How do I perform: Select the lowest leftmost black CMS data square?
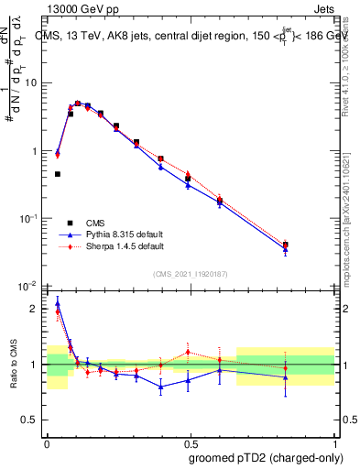[58, 174]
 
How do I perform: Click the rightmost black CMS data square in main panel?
[311, 245]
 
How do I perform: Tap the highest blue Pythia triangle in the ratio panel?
[58, 303]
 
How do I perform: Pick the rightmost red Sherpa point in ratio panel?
[311, 368]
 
